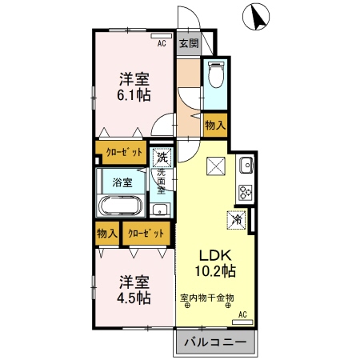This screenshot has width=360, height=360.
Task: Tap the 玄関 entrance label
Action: point(188,43)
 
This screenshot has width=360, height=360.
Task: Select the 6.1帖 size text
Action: point(134,94)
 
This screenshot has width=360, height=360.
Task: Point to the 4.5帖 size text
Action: point(134,298)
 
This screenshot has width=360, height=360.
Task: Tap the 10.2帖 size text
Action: point(214,271)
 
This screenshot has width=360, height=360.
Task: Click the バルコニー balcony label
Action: point(216,344)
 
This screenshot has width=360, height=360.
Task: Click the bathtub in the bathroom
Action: point(120,207)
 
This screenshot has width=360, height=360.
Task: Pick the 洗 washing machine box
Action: point(162,157)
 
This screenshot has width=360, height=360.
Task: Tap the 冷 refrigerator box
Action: point(238,216)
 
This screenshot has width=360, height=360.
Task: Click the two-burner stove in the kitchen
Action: point(245,192)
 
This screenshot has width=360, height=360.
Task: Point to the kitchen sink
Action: point(246,166)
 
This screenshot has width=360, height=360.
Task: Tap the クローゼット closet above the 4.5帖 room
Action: point(146,233)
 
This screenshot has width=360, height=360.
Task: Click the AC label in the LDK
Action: point(242,314)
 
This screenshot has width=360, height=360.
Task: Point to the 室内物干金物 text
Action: point(206,298)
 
